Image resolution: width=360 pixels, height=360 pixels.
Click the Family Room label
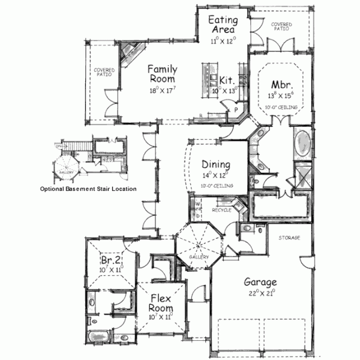[x=161, y=74]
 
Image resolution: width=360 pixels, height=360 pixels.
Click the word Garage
[x=260, y=281]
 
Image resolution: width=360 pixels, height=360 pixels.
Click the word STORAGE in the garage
[x=289, y=238]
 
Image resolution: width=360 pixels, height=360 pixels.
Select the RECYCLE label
[x=221, y=210]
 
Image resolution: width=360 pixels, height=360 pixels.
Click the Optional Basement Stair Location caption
[x=88, y=188]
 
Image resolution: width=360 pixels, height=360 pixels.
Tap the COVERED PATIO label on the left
[x=103, y=73]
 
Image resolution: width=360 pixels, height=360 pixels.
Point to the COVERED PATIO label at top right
[x=281, y=26]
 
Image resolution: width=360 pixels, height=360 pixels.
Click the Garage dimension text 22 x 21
[x=260, y=293]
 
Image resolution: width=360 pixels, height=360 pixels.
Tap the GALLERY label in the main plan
[x=199, y=257]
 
